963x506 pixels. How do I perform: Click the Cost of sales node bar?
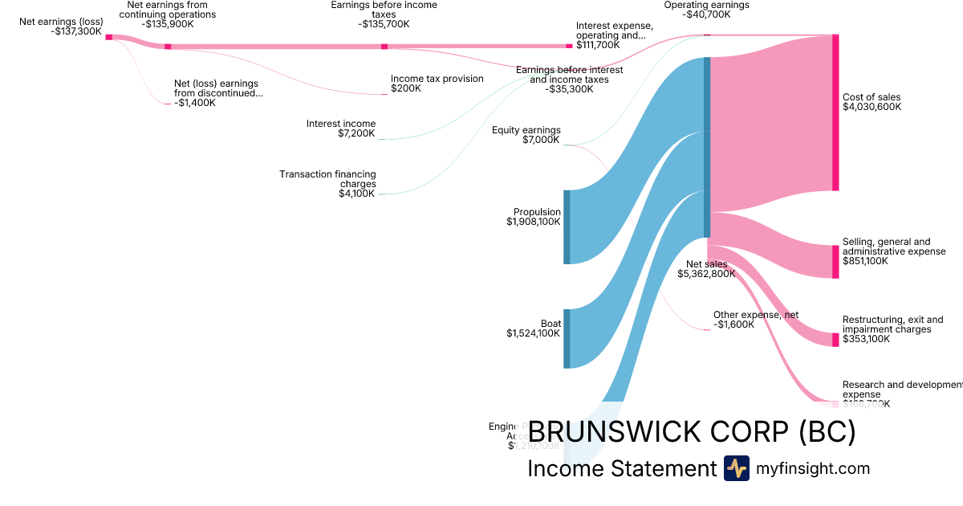pyautogui.click(x=835, y=112)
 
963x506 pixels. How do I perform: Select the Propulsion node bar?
pyautogui.click(x=567, y=226)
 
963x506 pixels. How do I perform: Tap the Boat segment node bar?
pyautogui.click(x=567, y=338)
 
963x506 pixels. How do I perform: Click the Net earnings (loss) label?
pyautogui.click(x=61, y=22)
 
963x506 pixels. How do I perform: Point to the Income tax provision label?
pyautogui.click(x=437, y=79)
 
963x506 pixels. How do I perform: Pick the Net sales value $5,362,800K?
pyautogui.click(x=706, y=274)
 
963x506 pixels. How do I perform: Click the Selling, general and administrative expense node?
pyautogui.click(x=835, y=262)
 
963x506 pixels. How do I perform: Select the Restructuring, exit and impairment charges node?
pyautogui.click(x=835, y=340)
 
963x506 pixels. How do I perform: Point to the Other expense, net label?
pyautogui.click(x=756, y=315)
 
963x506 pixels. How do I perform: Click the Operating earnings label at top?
pyautogui.click(x=706, y=5)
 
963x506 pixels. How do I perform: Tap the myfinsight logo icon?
pyautogui.click(x=736, y=468)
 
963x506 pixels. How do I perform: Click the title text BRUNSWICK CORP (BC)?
pyautogui.click(x=692, y=432)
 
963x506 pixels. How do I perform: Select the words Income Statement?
pyautogui.click(x=621, y=469)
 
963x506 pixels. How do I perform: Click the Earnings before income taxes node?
pyautogui.click(x=384, y=47)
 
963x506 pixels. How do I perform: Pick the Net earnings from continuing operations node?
pyautogui.click(x=168, y=47)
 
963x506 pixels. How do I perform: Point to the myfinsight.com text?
pyautogui.click(x=813, y=468)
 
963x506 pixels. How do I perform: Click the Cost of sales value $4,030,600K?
pyautogui.click(x=872, y=107)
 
